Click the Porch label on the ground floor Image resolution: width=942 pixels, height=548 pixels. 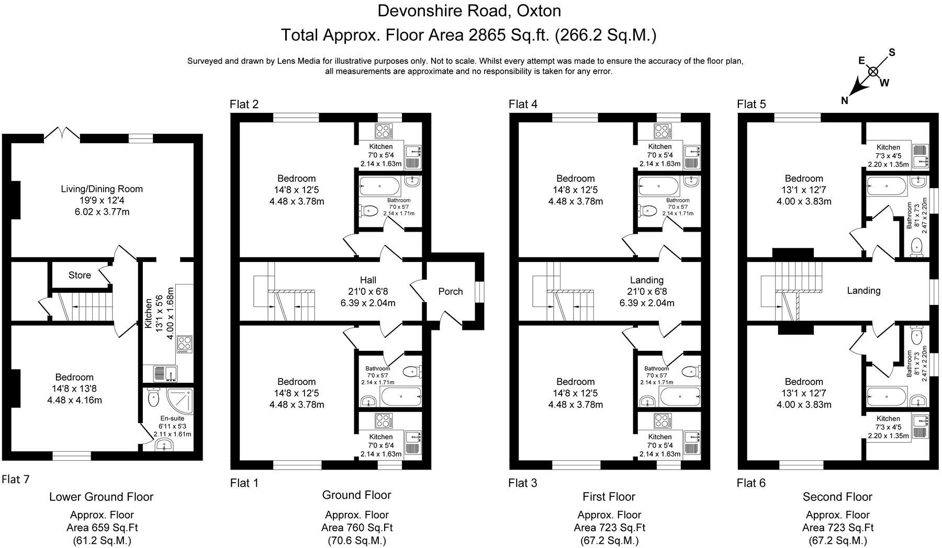point(450,291)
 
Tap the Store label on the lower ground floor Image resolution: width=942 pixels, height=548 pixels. point(80,275)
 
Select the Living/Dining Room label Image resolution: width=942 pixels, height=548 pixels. point(102,189)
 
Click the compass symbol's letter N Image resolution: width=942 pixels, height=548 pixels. point(844,101)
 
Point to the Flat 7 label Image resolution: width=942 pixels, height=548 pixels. point(16,479)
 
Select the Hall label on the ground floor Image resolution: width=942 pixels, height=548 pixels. point(368,280)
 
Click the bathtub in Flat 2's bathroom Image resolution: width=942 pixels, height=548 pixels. point(380,185)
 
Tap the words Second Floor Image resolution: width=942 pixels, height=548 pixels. point(837,497)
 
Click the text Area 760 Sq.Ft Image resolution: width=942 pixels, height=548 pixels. point(356,528)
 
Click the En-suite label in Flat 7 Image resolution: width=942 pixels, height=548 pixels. point(172,418)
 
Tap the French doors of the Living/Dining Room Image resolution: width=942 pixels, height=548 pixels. point(62,134)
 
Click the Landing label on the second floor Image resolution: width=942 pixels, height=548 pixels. point(863,291)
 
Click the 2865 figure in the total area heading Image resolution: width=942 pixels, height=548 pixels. point(487,35)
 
